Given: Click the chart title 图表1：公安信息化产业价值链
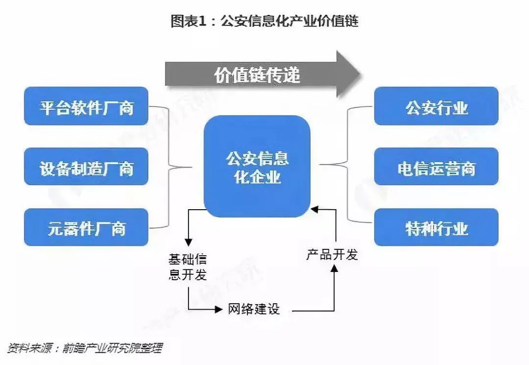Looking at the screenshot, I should point(264,21).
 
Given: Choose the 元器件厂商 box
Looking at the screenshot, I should point(86,227).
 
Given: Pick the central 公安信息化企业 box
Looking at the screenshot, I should point(257,167).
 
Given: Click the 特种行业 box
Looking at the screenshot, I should point(436,227).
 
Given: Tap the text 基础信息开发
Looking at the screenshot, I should point(188,266).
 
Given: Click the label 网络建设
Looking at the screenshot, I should point(254,309).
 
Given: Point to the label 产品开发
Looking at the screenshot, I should point(332,254).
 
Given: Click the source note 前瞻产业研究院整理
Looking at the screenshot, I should point(113,348).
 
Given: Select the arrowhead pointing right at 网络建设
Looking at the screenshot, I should point(218,309).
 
